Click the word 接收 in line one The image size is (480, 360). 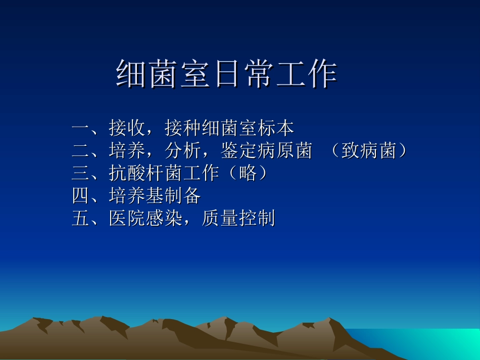[127, 129]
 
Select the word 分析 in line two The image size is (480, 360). [183, 151]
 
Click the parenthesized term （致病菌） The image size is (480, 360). [368, 151]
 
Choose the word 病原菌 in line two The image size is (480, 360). [285, 151]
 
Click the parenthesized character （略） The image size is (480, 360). [248, 173]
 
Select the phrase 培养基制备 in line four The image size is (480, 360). [155, 196]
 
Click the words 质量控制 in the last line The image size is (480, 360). [238, 218]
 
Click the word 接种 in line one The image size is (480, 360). [183, 129]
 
